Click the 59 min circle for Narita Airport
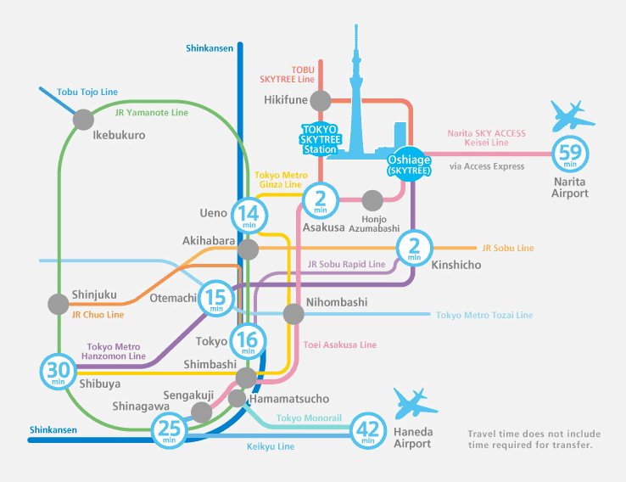click(570, 155)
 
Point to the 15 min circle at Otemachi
click(215, 299)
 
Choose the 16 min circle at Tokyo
click(249, 341)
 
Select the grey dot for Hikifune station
click(320, 101)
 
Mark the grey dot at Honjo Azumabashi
click(372, 200)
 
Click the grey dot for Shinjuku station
click(59, 303)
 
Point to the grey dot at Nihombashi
click(293, 314)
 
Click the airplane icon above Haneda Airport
click(421, 401)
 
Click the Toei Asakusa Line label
click(339, 345)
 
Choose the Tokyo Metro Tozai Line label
click(484, 315)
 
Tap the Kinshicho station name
click(456, 265)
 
